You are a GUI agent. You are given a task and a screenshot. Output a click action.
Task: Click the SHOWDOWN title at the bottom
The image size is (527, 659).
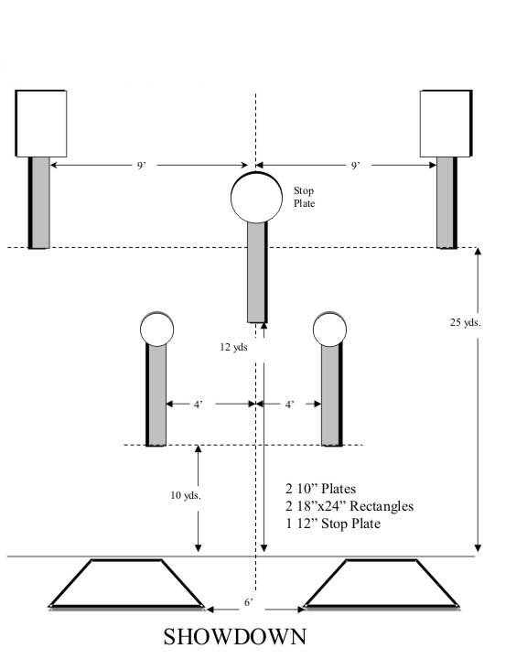tap(235, 637)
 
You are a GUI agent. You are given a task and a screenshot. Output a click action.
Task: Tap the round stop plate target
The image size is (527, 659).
tap(256, 197)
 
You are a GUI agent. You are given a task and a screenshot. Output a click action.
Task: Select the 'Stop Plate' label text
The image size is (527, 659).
tap(304, 197)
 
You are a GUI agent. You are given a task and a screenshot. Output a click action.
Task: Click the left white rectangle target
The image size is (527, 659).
tap(41, 124)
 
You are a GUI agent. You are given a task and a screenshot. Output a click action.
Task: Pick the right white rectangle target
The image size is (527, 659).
tap(446, 124)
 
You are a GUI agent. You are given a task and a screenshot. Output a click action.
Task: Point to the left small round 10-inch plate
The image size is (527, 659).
tap(156, 329)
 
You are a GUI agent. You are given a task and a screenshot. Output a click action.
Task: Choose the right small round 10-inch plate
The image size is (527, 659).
tap(330, 329)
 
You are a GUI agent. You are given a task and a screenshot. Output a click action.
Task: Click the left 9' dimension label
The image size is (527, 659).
tap(142, 165)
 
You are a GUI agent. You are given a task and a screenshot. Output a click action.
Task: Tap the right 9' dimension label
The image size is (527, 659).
tap(356, 165)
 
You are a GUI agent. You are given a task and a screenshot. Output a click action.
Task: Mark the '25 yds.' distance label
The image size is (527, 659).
tap(465, 322)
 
